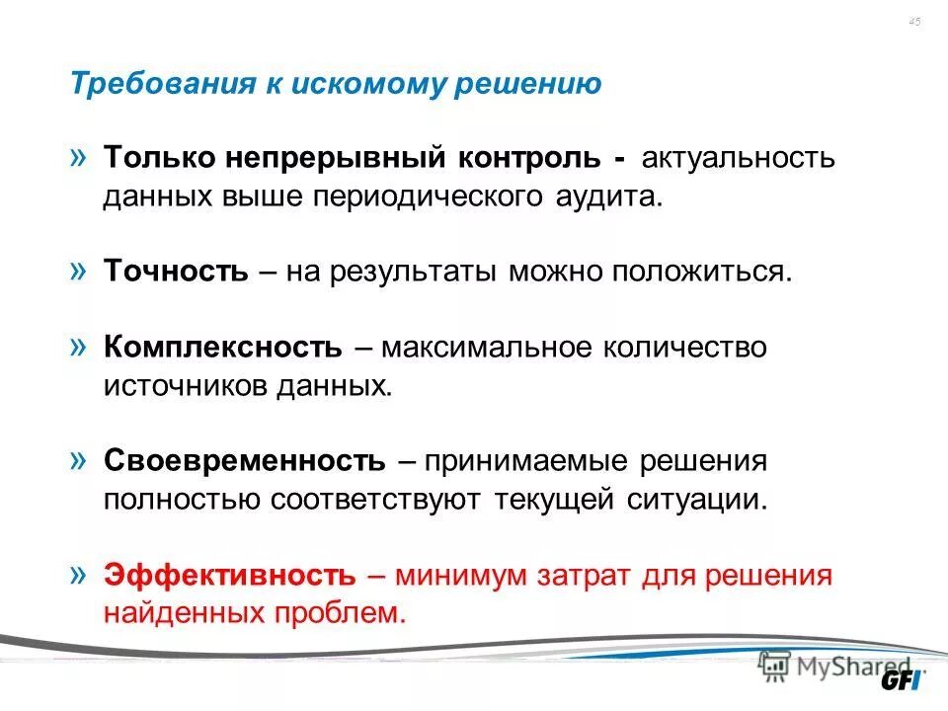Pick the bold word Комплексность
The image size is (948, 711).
223,348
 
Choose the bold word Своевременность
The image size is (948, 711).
244,461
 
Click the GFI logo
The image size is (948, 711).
904,681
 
